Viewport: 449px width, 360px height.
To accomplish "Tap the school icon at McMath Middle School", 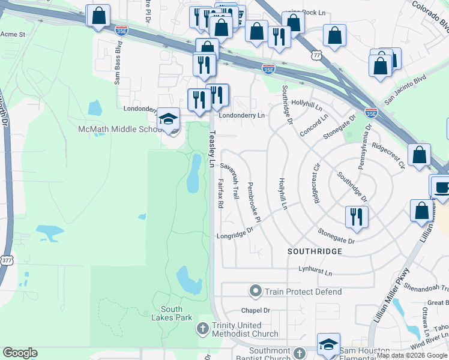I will (169, 120).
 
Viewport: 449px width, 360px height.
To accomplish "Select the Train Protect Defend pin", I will (256, 292).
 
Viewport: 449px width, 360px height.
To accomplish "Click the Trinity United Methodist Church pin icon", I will (202, 328).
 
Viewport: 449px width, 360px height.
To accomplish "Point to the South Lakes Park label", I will (172, 313).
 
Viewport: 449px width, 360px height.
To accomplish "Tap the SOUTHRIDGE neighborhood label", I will (315, 250).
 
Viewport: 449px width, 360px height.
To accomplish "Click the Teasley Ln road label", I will (211, 150).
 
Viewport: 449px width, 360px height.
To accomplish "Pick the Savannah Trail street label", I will (230, 181).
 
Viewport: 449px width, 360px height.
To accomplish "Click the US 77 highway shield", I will (316, 55).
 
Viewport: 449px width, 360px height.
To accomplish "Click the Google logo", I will (20, 353).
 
